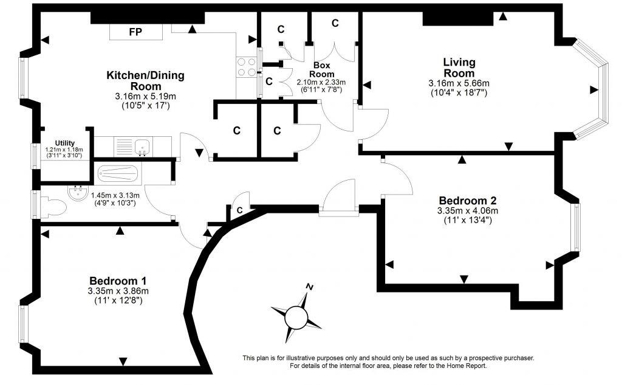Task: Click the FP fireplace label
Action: click(135, 32)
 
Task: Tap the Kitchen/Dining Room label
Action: click(145, 81)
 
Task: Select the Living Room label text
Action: click(459, 68)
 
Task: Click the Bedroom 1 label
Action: click(118, 281)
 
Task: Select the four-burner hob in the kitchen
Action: click(247, 67)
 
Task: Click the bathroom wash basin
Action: click(77, 194)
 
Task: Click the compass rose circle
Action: click(297, 317)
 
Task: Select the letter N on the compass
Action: click(310, 286)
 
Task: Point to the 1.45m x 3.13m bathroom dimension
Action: click(115, 195)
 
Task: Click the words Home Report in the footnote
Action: click(466, 366)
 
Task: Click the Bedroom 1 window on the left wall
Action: click(22, 325)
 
